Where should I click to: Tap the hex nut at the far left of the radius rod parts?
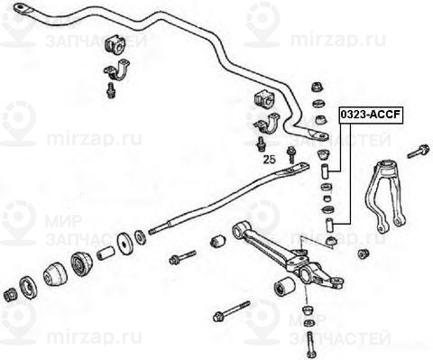point(12,293)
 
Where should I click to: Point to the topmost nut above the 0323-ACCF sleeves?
point(318,88)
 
